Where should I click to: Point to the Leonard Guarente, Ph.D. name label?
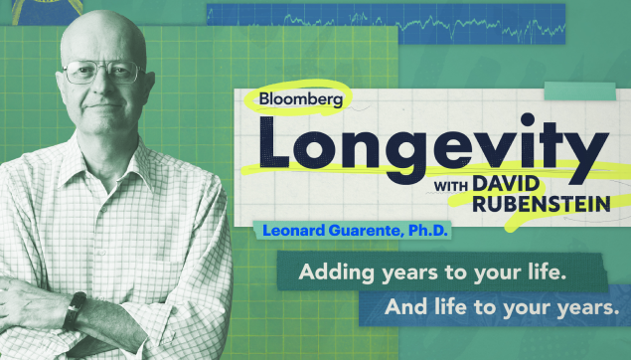[357, 231]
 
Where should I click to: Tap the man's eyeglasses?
[102, 72]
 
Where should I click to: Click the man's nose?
[102, 89]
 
